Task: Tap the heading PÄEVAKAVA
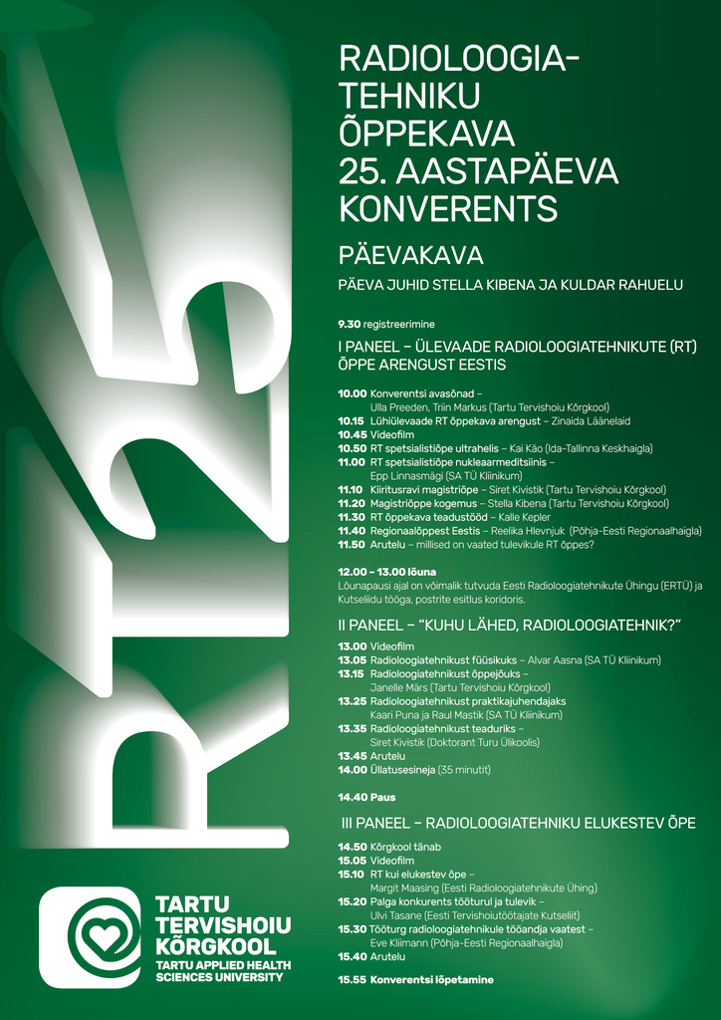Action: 410,255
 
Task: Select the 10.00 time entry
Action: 353,393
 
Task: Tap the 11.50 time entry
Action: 353,545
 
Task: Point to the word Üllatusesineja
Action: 403,770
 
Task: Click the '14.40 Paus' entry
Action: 366,797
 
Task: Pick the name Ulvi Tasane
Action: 395,914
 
